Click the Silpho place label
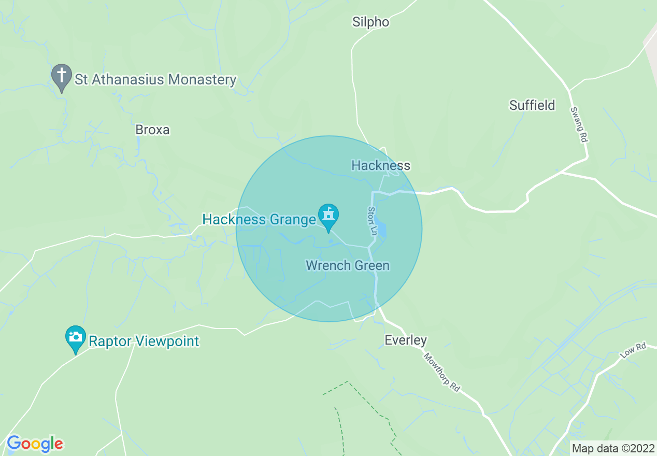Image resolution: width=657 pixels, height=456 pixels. (x=370, y=22)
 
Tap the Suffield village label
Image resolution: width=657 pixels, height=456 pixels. (x=532, y=105)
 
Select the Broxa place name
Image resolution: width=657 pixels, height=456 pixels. (x=152, y=130)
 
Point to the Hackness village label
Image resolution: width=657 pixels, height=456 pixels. (x=381, y=165)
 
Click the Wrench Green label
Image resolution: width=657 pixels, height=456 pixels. (x=348, y=266)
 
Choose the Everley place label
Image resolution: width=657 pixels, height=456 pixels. (x=406, y=340)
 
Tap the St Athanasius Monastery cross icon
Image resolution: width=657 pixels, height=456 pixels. (x=62, y=76)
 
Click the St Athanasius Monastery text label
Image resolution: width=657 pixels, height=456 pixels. (x=155, y=80)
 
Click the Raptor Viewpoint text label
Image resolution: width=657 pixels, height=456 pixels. (x=144, y=341)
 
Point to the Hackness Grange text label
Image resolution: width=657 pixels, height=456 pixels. (x=259, y=220)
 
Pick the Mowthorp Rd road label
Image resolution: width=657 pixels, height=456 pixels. (x=442, y=372)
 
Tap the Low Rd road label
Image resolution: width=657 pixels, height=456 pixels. (x=633, y=352)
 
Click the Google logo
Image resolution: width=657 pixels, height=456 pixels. (x=35, y=444)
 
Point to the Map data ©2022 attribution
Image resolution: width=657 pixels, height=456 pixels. (x=612, y=448)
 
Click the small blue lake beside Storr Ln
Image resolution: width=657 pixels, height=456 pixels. (x=381, y=229)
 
